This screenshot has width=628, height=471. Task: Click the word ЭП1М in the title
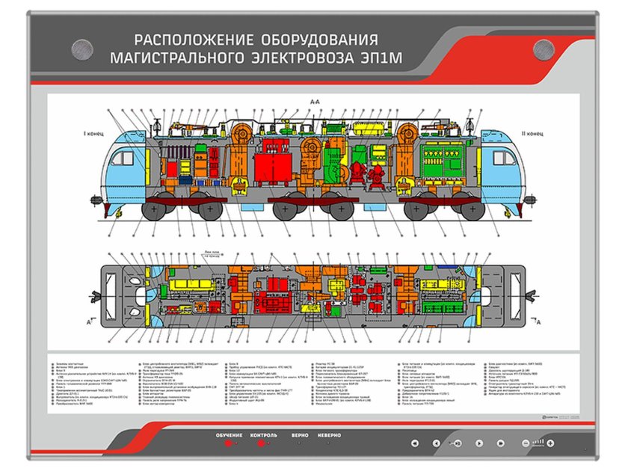pyautogui.click(x=350, y=56)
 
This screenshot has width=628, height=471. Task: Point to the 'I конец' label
pyautogui.click(x=93, y=134)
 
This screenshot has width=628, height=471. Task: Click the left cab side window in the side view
pyautogui.click(x=120, y=158)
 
